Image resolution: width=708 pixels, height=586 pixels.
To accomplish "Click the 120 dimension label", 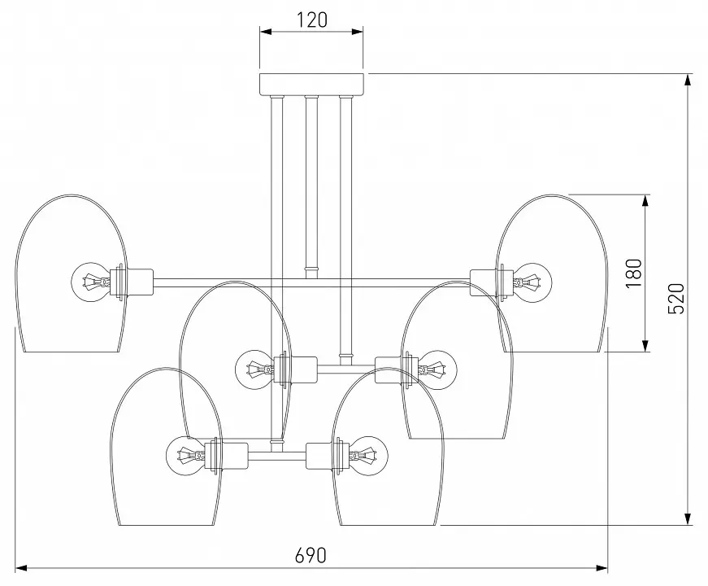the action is click(x=311, y=20).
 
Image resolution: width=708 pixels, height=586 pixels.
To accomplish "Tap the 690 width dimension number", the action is click(x=311, y=555).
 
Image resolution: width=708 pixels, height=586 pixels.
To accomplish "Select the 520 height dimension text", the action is click(x=676, y=299).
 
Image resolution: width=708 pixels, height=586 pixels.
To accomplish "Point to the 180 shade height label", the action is click(x=633, y=273).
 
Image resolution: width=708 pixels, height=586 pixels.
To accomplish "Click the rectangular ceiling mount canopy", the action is click(x=311, y=84).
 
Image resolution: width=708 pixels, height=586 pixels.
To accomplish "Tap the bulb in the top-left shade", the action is click(x=91, y=282).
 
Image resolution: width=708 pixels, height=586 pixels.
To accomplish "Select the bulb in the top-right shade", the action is click(x=532, y=282).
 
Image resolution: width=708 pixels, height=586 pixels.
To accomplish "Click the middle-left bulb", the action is click(x=254, y=370).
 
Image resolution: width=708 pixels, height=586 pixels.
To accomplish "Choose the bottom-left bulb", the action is click(x=185, y=457).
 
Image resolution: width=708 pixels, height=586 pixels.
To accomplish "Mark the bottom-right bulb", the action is click(x=368, y=457).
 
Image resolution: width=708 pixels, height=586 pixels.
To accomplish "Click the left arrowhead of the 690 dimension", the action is click(x=22, y=568).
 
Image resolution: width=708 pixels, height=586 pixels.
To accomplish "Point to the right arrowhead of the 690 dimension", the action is click(x=602, y=568).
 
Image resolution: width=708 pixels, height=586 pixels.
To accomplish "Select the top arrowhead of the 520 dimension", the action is click(x=688, y=80).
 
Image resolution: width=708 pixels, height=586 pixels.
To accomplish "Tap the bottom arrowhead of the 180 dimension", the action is click(x=645, y=345).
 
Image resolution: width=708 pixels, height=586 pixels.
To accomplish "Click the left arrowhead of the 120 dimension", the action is click(x=266, y=31).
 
